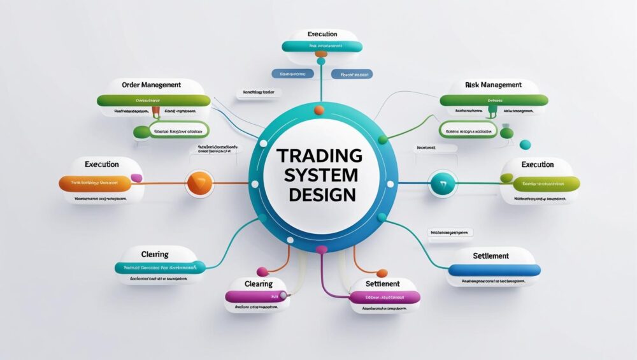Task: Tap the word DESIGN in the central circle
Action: click(x=322, y=194)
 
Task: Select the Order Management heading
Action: click(x=151, y=84)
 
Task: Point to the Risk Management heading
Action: click(x=494, y=84)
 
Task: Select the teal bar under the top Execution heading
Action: click(x=322, y=47)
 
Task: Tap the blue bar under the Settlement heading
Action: click(x=494, y=270)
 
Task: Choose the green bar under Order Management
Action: click(x=154, y=101)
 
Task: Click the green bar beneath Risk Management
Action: click(x=494, y=100)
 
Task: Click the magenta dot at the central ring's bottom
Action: click(x=321, y=249)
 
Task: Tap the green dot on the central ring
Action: click(x=382, y=139)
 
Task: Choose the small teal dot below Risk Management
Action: click(x=525, y=145)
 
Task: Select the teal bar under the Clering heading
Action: click(x=160, y=268)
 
